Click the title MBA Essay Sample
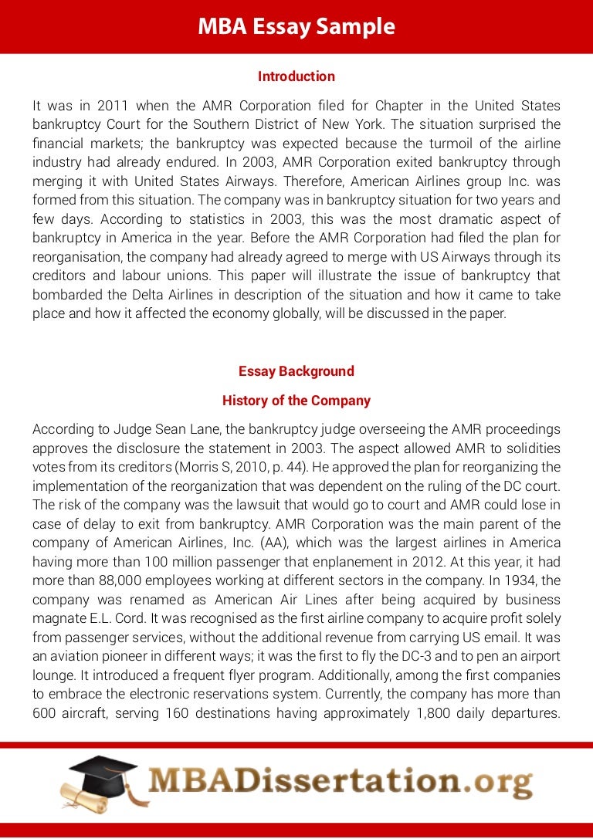[296, 27]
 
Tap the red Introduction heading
[296, 76]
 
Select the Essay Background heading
[296, 371]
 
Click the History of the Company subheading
[296, 401]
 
